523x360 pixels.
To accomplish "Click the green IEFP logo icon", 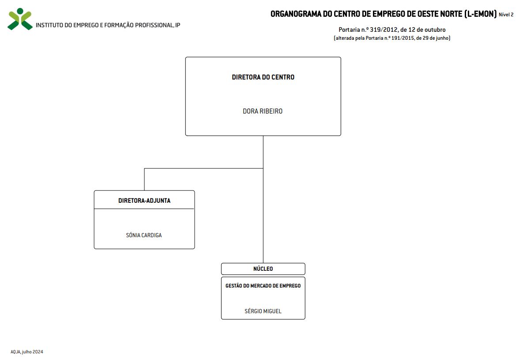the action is pyautogui.click(x=20, y=19).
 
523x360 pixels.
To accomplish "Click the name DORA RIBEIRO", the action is pyautogui.click(x=263, y=111).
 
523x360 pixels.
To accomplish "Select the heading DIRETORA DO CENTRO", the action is pyautogui.click(x=263, y=77).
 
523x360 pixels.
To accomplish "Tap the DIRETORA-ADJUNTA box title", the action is pyautogui.click(x=144, y=201).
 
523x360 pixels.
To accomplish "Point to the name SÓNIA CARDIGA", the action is pyautogui.click(x=144, y=235).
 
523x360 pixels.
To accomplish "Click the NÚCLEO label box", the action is pyautogui.click(x=263, y=269).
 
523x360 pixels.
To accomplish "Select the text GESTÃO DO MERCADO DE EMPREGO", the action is pyautogui.click(x=263, y=286).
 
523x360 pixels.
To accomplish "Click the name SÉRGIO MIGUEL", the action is pyautogui.click(x=263, y=311).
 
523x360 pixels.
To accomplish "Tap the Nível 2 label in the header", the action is pyautogui.click(x=506, y=15).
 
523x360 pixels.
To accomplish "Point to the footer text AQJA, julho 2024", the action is pyautogui.click(x=26, y=352).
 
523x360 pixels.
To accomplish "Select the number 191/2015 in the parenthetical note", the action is pyautogui.click(x=403, y=38).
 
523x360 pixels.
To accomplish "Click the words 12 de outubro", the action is pyautogui.click(x=427, y=30).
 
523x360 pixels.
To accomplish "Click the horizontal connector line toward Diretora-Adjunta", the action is pyautogui.click(x=204, y=168).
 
